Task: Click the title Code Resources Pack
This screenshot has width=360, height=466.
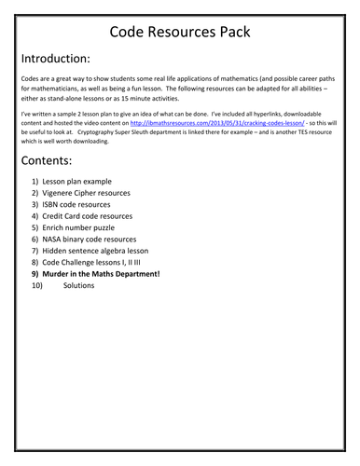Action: coord(179,34)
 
